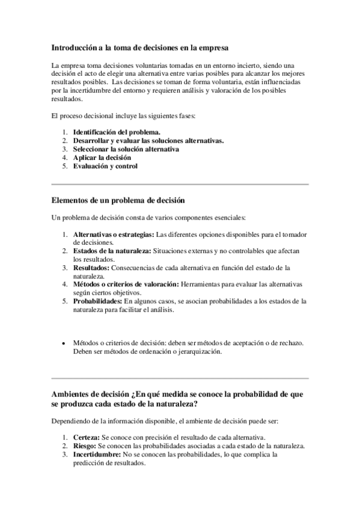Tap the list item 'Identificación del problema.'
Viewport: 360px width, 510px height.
(x=117, y=132)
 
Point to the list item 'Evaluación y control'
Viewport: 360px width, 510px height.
(x=105, y=166)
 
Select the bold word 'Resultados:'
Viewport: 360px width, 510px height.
(x=91, y=268)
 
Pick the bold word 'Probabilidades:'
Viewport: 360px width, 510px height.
(x=97, y=301)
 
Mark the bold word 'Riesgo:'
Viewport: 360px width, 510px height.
(x=84, y=446)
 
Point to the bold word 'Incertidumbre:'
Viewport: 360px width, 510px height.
(x=96, y=455)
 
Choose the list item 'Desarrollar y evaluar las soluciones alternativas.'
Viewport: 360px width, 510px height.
(x=148, y=141)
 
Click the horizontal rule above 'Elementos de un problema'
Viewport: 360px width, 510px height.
(x=180, y=183)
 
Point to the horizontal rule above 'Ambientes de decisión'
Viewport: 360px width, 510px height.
(x=180, y=378)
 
